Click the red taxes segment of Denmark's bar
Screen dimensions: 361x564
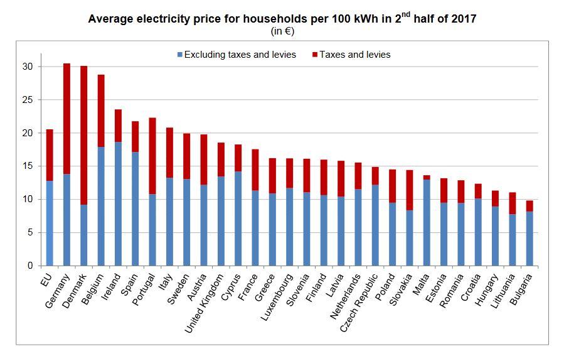point(84,135)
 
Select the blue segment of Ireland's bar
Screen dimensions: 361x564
point(118,203)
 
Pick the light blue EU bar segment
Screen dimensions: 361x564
point(50,223)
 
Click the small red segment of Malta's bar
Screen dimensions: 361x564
point(427,178)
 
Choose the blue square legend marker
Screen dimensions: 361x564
point(179,55)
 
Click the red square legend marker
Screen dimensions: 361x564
point(314,55)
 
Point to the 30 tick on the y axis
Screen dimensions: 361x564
point(27,67)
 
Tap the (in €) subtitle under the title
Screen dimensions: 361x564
point(282,31)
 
